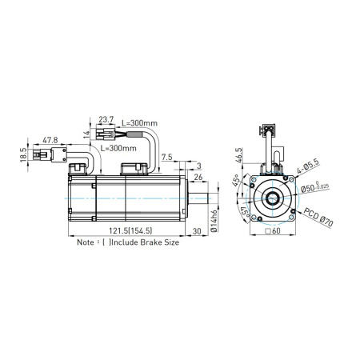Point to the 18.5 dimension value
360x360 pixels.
click(24, 150)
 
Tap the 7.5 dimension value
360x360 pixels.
click(167, 158)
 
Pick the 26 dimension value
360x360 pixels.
click(199, 177)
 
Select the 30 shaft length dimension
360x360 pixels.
click(197, 232)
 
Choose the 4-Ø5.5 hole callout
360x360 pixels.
click(306, 166)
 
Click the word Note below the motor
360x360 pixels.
click(88, 242)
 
